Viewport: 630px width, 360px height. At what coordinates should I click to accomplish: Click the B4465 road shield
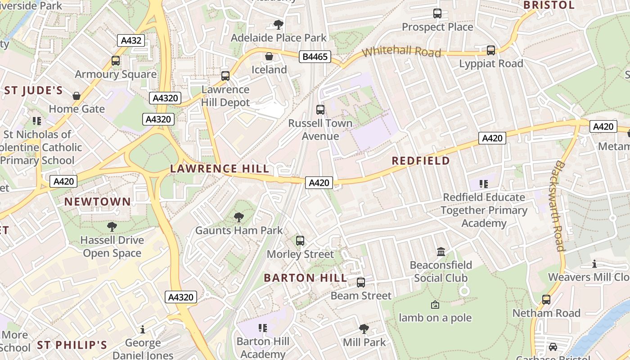[315, 57]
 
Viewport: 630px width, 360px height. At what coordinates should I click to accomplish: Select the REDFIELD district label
[421, 161]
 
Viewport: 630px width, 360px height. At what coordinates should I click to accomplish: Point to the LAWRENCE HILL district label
[220, 169]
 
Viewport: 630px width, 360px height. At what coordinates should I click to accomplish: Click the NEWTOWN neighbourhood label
[97, 202]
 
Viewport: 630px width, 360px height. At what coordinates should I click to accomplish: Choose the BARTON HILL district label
[306, 278]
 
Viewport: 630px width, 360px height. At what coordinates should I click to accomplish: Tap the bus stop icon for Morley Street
[300, 241]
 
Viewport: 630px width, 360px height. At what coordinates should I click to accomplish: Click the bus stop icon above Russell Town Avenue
[320, 109]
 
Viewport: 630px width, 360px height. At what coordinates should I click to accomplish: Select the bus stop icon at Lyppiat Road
[491, 50]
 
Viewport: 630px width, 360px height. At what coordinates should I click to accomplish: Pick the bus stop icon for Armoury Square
[116, 61]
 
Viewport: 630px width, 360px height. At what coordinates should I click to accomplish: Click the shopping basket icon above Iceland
[269, 56]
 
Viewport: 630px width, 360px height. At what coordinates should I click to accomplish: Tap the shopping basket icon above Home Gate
[76, 95]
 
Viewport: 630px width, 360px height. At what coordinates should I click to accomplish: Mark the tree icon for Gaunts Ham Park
[239, 217]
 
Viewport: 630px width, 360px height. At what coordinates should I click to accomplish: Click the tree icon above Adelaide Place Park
[279, 24]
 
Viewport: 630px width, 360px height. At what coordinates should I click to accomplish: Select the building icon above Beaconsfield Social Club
[441, 252]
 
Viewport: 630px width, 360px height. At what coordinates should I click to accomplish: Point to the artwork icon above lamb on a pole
[435, 305]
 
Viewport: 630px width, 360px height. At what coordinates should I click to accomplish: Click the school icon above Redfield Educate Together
[484, 184]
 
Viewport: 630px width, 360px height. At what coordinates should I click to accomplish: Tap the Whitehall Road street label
[401, 51]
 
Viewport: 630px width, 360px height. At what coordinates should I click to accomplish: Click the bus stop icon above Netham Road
[546, 299]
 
